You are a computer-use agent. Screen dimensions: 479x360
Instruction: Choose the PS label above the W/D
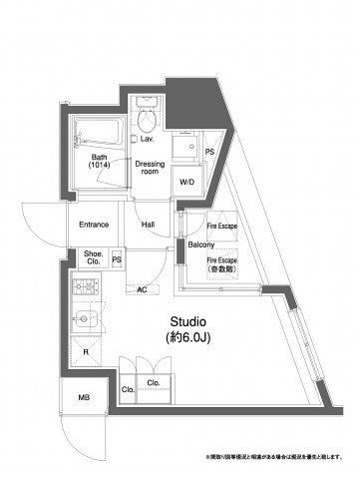[209, 152]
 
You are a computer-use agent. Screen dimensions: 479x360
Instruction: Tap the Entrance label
[93, 225]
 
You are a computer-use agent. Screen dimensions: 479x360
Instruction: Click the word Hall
[149, 225]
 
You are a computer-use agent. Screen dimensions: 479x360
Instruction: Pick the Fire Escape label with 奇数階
[221, 265]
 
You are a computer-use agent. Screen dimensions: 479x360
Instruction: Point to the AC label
[142, 289]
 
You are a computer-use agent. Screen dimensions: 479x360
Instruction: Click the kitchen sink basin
[85, 321]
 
